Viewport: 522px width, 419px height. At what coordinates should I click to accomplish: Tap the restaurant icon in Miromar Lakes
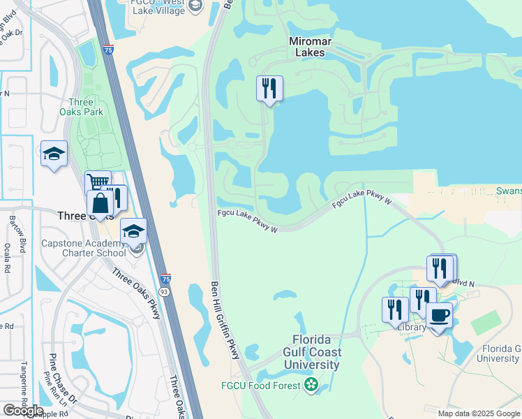tap(269, 89)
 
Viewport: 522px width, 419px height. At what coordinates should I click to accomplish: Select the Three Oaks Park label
tap(81, 107)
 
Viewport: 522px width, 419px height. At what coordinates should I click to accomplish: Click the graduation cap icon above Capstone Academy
tap(133, 231)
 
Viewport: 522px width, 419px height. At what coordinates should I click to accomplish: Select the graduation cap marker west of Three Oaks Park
tap(54, 154)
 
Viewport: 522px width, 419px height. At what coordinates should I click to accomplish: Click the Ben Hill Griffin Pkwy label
tap(225, 321)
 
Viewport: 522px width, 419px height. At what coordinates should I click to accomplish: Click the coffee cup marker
tap(439, 315)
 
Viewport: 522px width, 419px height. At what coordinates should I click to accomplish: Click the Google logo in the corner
tap(24, 411)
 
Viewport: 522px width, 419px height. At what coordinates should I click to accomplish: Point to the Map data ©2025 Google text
tap(479, 413)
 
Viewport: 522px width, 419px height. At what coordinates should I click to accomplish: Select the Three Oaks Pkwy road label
tap(136, 294)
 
